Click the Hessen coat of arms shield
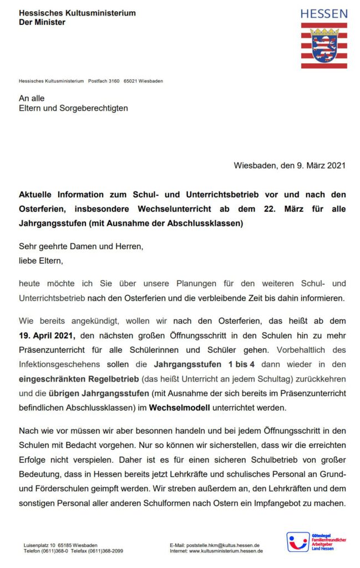(324, 46)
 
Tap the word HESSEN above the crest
(324, 13)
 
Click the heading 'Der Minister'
(42, 22)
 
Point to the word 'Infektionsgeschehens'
(59, 364)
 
